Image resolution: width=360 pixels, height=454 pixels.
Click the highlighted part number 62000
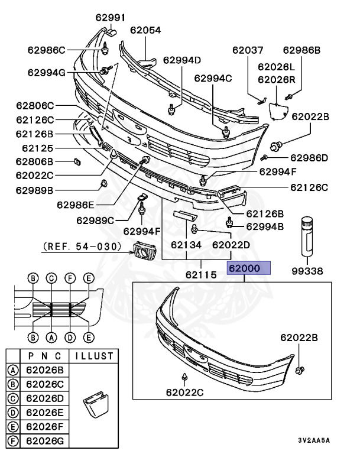coord(248,268)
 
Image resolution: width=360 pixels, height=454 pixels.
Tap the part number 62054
coord(145,30)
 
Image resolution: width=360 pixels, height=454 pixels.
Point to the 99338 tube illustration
coord(308,235)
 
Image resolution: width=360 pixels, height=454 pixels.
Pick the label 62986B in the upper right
coord(301,50)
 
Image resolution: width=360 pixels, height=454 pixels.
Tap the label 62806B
coord(35,161)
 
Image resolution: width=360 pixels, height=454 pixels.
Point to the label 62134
coord(186,244)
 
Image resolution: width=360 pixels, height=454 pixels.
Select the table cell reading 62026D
coord(46,398)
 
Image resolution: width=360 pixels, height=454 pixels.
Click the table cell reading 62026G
coord(46,440)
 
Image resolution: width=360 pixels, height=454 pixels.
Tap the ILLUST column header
coord(92,356)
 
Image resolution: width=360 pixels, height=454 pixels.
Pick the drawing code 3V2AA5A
coord(314,441)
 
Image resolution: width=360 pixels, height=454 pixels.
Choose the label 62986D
coord(309,158)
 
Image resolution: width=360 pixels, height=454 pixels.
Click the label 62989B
coord(35,190)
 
